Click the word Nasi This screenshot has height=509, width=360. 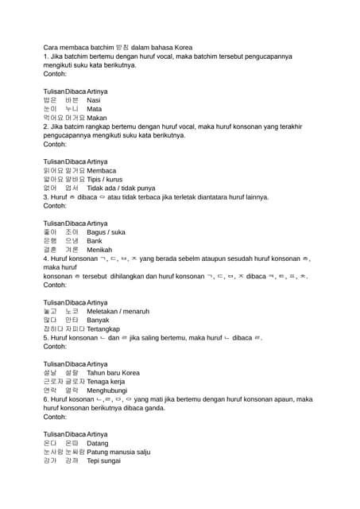[94, 100]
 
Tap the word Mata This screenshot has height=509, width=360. [94, 109]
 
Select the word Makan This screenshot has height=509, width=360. [97, 118]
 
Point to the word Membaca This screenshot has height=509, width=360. [102, 170]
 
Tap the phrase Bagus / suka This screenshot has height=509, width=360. [106, 232]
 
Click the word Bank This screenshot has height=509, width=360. [95, 241]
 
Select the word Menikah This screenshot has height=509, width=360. [99, 250]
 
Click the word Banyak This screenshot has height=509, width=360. [98, 320]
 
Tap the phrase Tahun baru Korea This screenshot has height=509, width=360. [113, 372]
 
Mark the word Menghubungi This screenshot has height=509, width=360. [108, 390]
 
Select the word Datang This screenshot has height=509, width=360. [97, 443]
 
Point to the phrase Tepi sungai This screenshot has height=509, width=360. [105, 460]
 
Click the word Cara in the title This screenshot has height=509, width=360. [51, 48]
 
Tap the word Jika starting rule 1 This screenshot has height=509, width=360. [58, 56]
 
